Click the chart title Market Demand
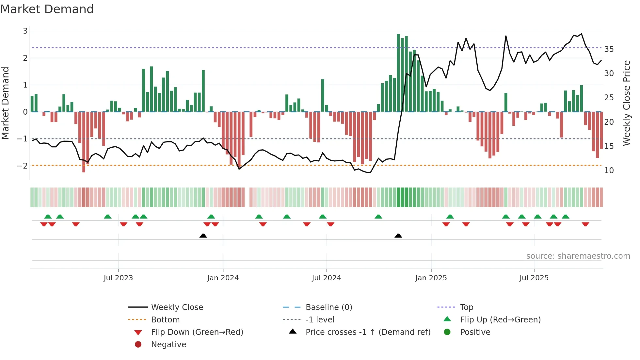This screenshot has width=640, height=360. [x=47, y=9]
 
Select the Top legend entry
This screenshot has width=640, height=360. [x=467, y=307]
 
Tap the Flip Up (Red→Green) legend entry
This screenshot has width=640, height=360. [x=500, y=319]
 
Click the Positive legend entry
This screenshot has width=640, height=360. [x=475, y=332]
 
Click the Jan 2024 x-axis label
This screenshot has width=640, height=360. [x=223, y=278]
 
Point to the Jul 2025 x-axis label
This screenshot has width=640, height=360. [x=534, y=278]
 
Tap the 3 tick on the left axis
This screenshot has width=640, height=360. [x=25, y=31]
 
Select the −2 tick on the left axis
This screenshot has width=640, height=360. [x=22, y=166]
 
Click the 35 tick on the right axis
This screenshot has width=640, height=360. [x=609, y=49]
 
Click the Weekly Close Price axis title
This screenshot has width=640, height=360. [x=626, y=103]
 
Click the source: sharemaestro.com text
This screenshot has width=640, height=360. [x=578, y=256]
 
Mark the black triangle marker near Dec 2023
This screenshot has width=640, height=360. [x=203, y=236]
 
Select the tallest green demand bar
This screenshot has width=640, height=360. [x=398, y=73]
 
